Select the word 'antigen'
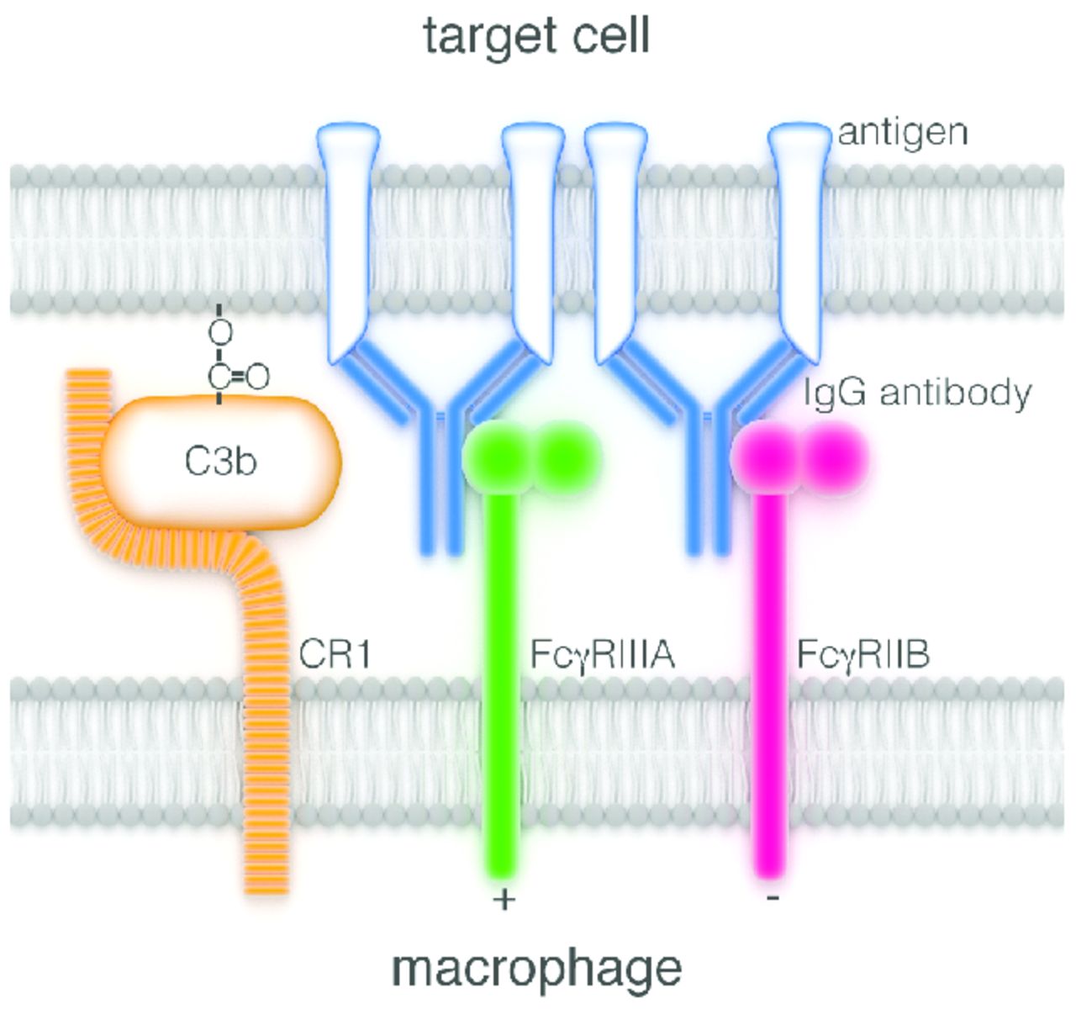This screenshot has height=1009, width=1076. [903, 132]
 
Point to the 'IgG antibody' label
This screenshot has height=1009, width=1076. [917, 393]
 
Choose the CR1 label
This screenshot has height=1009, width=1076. [335, 654]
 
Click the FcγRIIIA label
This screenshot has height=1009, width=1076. [603, 654]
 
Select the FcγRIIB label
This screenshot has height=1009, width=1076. [863, 654]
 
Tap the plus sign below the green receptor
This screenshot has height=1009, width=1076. [504, 901]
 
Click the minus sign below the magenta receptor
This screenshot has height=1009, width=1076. [773, 899]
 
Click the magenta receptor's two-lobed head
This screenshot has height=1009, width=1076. [799, 457]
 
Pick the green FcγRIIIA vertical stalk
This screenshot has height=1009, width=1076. [504, 673]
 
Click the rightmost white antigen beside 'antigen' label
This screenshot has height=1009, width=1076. [797, 235]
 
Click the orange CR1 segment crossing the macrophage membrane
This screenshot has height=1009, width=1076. [267, 757]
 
